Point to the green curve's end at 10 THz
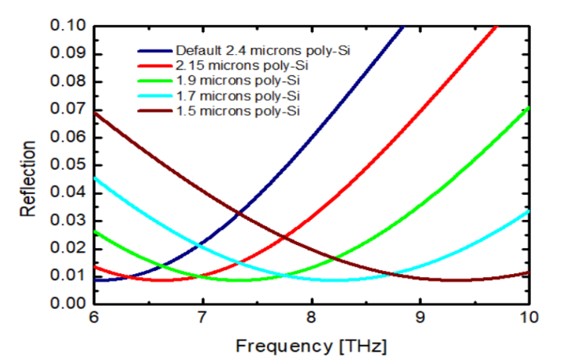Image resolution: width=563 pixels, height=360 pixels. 529,107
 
